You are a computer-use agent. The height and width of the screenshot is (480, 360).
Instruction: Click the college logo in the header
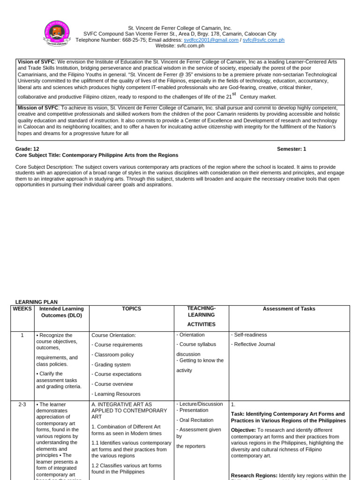tap(57, 33)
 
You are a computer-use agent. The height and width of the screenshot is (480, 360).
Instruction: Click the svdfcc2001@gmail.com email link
tap(211, 40)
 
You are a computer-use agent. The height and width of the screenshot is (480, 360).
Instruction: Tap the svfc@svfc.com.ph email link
tap(263, 40)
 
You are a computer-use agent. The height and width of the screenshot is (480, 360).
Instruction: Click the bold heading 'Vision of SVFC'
tap(36, 62)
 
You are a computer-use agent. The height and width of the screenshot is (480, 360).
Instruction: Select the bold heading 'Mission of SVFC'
tap(37, 108)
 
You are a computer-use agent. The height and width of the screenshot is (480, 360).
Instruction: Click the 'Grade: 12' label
tap(27, 149)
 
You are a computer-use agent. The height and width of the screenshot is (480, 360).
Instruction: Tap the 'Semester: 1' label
tap(291, 149)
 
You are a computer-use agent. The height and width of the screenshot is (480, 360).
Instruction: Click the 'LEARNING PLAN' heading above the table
tap(37, 302)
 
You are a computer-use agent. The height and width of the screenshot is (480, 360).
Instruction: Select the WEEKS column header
tap(22, 309)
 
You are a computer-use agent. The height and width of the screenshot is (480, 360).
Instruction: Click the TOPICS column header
tap(131, 309)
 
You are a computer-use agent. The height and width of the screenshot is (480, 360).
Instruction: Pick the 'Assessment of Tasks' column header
tap(289, 309)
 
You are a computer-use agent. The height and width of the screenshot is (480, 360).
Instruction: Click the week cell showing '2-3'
tap(22, 405)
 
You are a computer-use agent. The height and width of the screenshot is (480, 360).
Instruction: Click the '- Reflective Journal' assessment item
tap(253, 345)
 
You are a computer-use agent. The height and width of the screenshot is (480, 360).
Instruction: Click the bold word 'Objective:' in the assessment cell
tap(243, 430)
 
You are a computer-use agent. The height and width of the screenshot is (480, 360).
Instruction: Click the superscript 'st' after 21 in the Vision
tap(234, 94)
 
